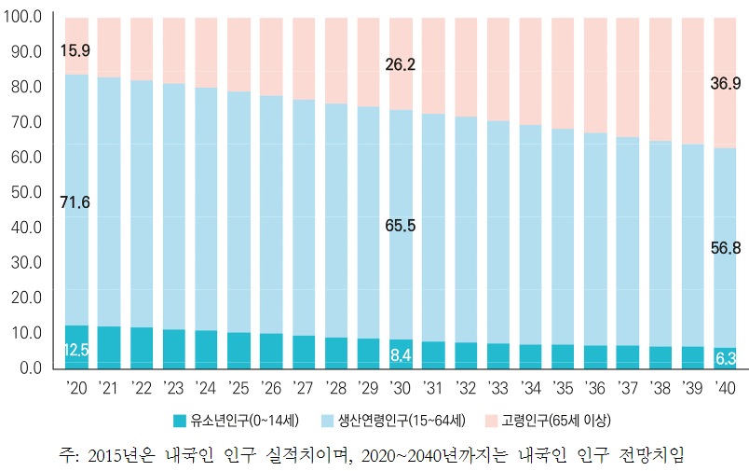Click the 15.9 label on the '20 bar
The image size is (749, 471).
click(x=75, y=49)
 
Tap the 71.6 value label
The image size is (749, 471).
click(x=75, y=201)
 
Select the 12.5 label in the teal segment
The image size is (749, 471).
click(x=75, y=350)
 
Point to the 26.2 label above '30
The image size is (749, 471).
click(x=401, y=65)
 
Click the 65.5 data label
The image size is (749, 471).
click(x=401, y=225)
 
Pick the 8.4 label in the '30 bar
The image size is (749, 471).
click(x=401, y=354)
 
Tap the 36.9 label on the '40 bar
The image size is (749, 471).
click(x=726, y=84)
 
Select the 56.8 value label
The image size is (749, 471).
click(x=726, y=247)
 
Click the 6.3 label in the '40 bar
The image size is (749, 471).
click(x=726, y=358)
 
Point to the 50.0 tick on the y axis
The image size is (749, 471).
click(x=26, y=191)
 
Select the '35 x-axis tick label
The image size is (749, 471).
click(x=563, y=386)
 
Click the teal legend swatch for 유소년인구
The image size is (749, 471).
click(x=181, y=419)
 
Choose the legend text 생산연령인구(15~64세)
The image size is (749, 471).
click(x=402, y=419)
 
